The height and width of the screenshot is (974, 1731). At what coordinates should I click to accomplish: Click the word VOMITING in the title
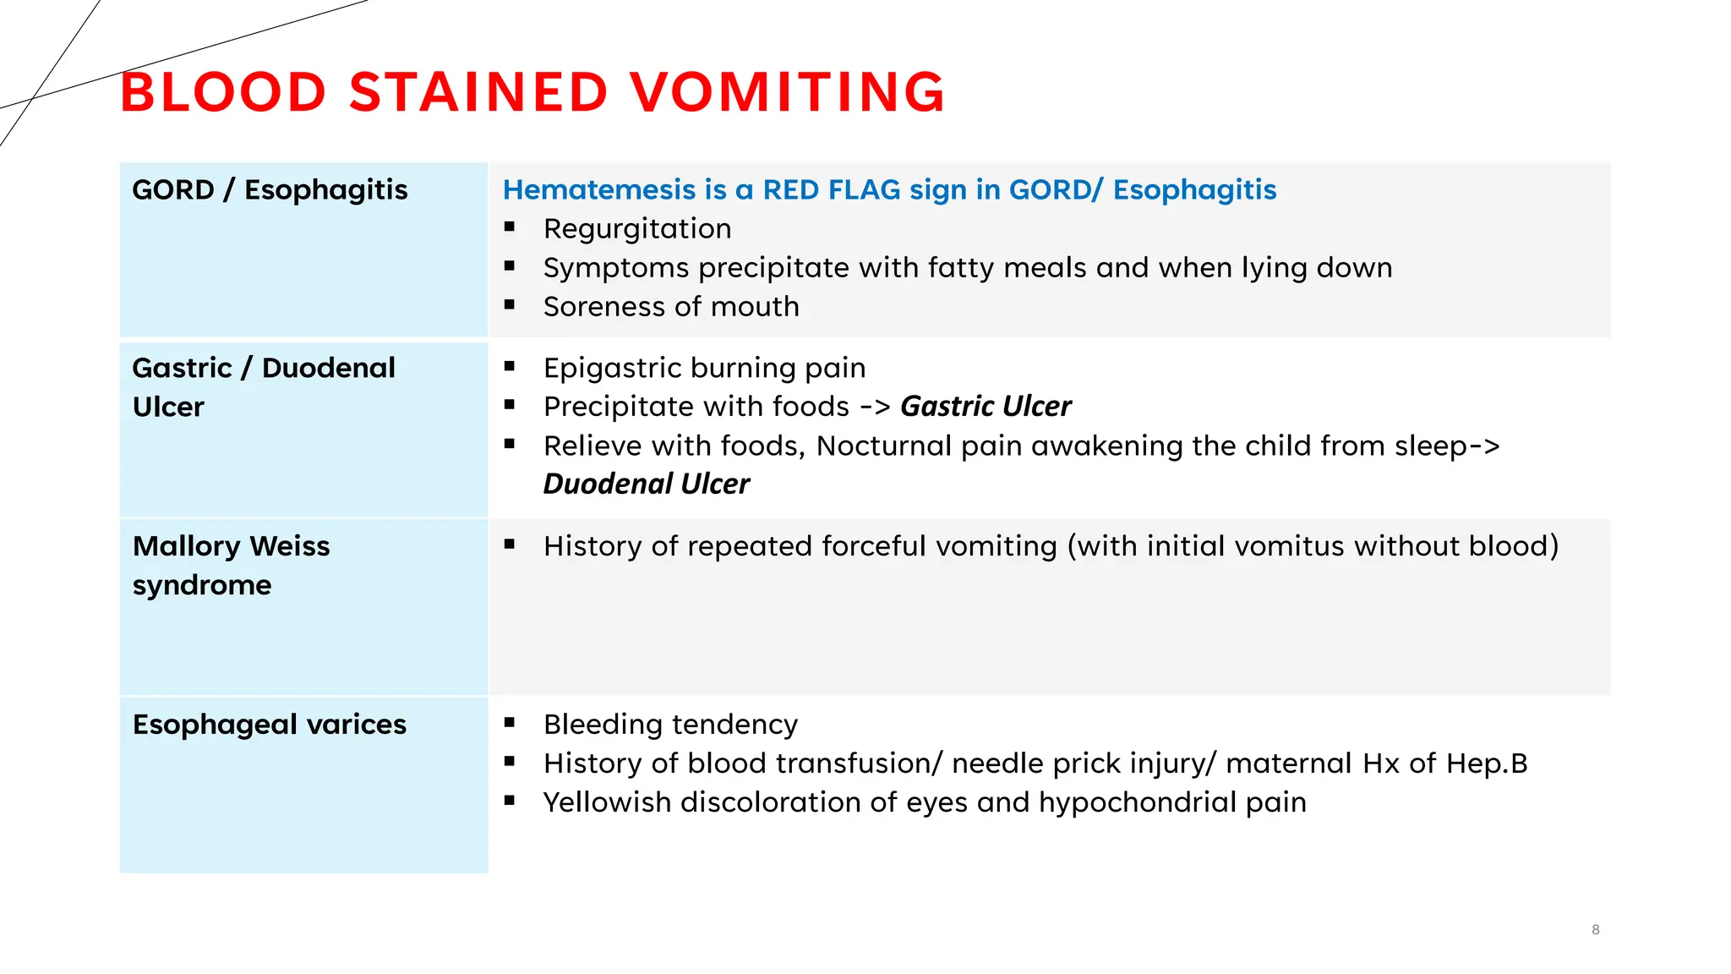(787, 92)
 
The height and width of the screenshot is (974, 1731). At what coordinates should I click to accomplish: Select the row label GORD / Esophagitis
(270, 190)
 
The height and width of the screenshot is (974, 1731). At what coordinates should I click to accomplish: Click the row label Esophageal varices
(270, 725)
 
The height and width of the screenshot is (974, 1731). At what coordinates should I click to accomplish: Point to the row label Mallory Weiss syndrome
(231, 565)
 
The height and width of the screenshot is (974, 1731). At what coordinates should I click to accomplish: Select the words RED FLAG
(832, 190)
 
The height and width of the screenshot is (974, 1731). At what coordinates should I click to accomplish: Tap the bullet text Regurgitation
(637, 229)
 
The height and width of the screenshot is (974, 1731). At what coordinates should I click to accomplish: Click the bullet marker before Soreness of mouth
(510, 304)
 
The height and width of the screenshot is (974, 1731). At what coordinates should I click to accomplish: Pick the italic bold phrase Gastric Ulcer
(986, 407)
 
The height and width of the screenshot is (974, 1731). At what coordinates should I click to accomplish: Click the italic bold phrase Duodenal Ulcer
(646, 484)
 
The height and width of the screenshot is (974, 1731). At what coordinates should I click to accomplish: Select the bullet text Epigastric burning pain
(704, 368)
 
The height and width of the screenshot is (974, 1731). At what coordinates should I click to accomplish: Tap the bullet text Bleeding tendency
(670, 725)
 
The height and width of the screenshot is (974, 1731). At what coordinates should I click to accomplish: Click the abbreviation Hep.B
(1487, 763)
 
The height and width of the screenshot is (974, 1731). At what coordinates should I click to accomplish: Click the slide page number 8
(1595, 930)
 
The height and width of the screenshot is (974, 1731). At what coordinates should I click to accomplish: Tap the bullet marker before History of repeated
(510, 544)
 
